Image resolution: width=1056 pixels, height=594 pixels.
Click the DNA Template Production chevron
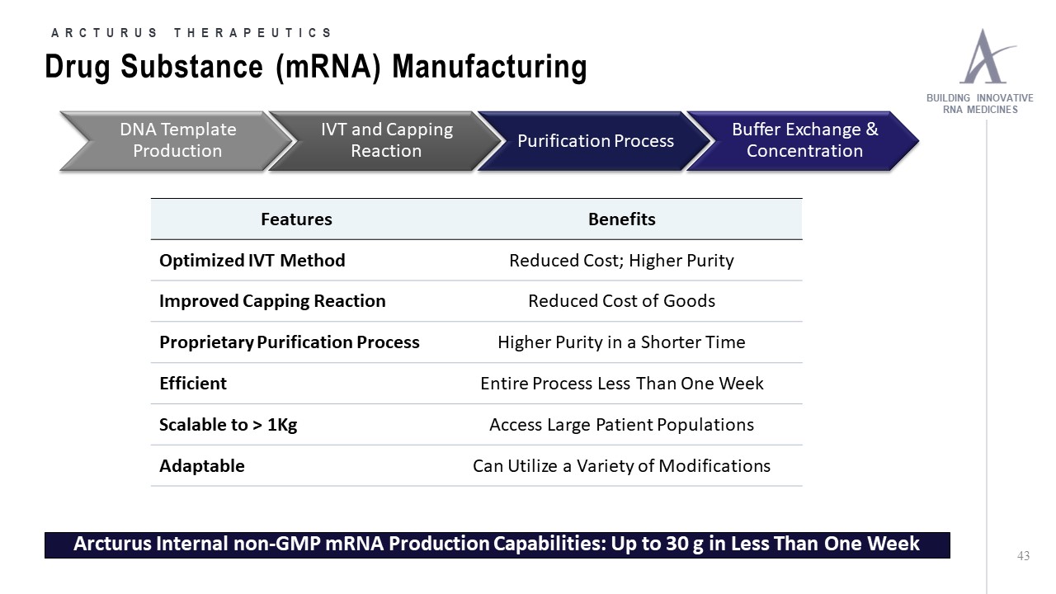click(177, 141)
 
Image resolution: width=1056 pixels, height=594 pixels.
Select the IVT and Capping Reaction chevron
click(386, 141)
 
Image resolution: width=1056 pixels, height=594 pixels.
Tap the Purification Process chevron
click(595, 141)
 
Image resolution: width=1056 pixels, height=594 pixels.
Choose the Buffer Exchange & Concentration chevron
click(804, 141)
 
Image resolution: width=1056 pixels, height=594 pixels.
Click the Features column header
click(296, 219)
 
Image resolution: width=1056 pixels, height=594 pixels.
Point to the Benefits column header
click(621, 219)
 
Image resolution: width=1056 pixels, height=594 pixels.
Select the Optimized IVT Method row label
click(252, 261)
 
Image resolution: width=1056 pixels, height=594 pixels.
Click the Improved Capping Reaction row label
click(272, 301)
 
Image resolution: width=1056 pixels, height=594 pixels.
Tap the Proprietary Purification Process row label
click(289, 342)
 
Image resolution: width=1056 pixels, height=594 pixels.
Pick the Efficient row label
click(193, 384)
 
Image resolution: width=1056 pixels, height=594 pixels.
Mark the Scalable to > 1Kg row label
click(228, 425)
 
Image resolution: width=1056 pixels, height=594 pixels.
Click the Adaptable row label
click(202, 466)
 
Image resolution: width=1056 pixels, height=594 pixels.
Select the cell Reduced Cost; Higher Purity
click(621, 261)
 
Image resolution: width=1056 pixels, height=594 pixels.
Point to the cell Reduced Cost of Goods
click(621, 301)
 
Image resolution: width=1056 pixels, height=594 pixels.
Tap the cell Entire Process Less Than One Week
click(621, 384)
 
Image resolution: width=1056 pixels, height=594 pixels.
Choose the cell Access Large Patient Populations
click(621, 425)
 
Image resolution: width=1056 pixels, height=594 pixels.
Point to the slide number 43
click(1023, 557)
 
